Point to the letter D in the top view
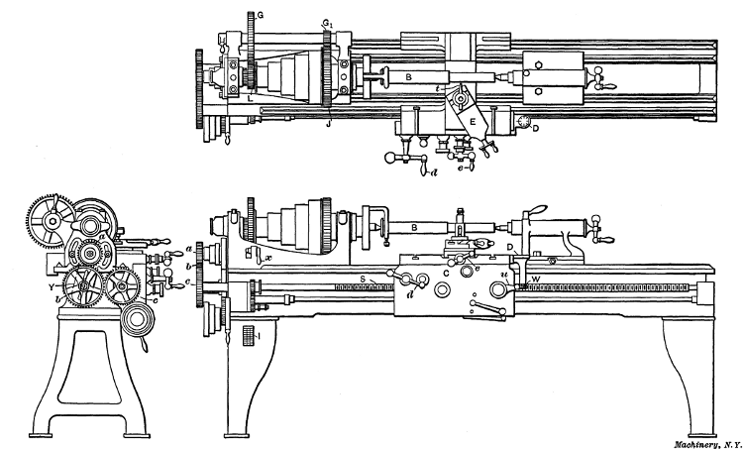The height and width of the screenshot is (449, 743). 536,128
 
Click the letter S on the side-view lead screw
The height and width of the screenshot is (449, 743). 364,281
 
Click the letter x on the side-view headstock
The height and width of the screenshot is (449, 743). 268,257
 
